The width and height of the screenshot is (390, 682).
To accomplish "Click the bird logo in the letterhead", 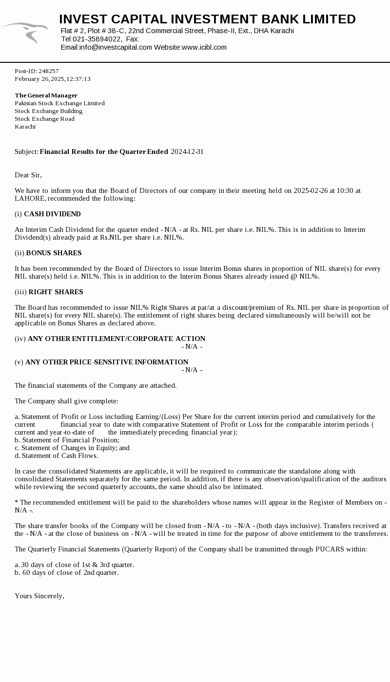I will coord(27,32).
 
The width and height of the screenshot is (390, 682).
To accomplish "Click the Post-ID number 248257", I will coord(48,71).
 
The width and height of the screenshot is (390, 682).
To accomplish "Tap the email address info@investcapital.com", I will coord(116,47).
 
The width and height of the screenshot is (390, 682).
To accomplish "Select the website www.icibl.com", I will coord(204,47).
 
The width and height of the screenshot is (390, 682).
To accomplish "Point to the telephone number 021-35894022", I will coord(97,39).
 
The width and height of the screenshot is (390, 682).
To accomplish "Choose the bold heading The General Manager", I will coord(46,95).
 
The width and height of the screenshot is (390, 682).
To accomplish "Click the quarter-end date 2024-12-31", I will coord(187,152).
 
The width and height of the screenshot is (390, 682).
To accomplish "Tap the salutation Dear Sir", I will coord(28,175).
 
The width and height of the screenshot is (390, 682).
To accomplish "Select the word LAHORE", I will coord(30,198).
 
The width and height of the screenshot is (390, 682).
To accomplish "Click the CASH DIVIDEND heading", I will coord(52,214).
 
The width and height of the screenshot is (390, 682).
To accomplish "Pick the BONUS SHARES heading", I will coord(54,253).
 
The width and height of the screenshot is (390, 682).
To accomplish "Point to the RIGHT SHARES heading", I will coord(56,292).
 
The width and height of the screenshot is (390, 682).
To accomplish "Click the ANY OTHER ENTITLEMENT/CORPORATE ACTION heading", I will coord(117,339).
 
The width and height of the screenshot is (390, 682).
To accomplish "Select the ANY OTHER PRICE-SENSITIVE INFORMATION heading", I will coord(107,362).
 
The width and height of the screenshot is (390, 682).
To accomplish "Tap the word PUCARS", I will coord(330,549).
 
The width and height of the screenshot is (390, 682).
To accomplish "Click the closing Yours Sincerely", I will coord(39,596).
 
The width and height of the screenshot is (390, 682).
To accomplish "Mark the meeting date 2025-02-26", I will coord(311,190).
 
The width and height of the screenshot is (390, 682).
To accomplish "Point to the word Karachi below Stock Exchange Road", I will coord(25,127).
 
